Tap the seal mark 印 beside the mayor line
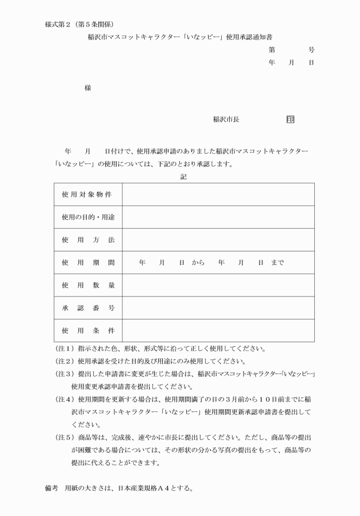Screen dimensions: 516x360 [x=290, y=119]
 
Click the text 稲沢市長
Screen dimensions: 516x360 [x=226, y=119]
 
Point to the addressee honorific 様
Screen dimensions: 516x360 [x=87, y=87]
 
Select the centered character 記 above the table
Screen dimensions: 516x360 [x=183, y=177]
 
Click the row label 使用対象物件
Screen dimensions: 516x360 [x=87, y=194]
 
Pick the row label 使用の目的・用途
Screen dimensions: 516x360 [x=87, y=217]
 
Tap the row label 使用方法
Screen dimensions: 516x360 [x=87, y=240]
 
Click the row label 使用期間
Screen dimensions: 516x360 [x=87, y=263]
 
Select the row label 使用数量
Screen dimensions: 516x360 [x=87, y=285]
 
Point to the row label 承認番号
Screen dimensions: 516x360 [x=87, y=308]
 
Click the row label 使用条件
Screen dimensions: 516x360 [x=87, y=330]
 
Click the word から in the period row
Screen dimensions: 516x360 [x=198, y=263]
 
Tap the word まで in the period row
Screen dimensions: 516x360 [x=278, y=263]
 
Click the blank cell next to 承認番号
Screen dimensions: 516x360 [x=218, y=308]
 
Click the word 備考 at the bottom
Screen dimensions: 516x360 [x=51, y=489]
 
